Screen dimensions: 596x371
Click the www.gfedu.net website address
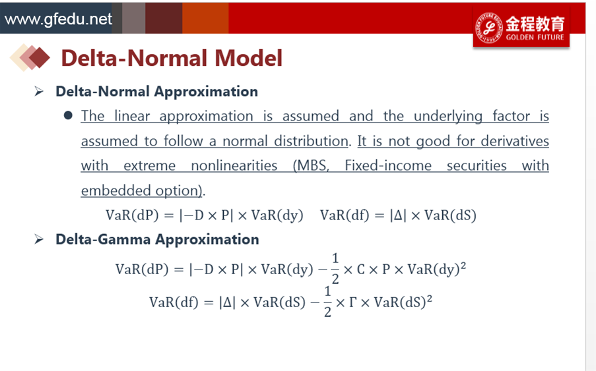pyautogui.click(x=58, y=19)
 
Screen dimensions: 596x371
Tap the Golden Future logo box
pyautogui.click(x=521, y=27)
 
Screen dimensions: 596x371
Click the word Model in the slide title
pyautogui.click(x=249, y=58)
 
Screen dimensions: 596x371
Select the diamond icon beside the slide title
pyautogui.click(x=30, y=58)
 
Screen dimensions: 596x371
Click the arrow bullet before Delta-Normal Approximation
pyautogui.click(x=39, y=92)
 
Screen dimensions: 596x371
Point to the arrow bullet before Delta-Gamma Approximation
pyautogui.click(x=39, y=239)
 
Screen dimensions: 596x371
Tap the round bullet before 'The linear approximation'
pyautogui.click(x=69, y=115)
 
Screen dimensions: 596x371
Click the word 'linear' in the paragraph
pyautogui.click(x=132, y=116)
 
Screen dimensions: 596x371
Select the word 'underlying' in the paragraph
pyautogui.click(x=448, y=117)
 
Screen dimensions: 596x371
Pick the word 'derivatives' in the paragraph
pyautogui.click(x=515, y=141)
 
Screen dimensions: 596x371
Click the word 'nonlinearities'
pyautogui.click(x=234, y=166)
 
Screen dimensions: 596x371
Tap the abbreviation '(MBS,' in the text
pyautogui.click(x=311, y=166)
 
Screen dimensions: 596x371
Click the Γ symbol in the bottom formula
pyautogui.click(x=352, y=302)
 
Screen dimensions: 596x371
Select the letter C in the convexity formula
pyautogui.click(x=361, y=270)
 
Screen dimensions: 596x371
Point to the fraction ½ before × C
pyautogui.click(x=335, y=269)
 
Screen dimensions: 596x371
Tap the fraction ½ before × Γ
pyautogui.click(x=327, y=302)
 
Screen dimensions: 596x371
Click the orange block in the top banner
pyautogui.click(x=205, y=18)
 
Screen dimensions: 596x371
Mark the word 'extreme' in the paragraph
pyautogui.click(x=149, y=166)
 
